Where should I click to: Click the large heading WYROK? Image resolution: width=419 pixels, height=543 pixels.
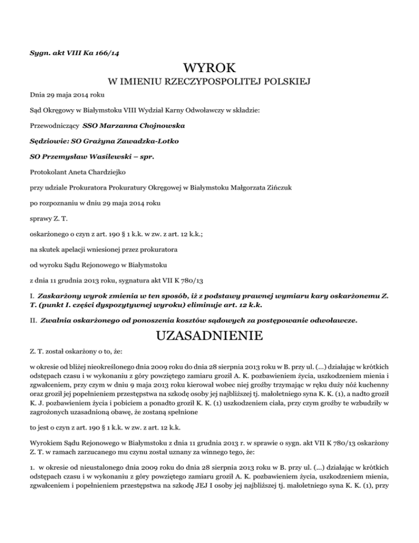click(x=209, y=69)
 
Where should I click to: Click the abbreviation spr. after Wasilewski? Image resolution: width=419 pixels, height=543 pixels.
click(x=145, y=157)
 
